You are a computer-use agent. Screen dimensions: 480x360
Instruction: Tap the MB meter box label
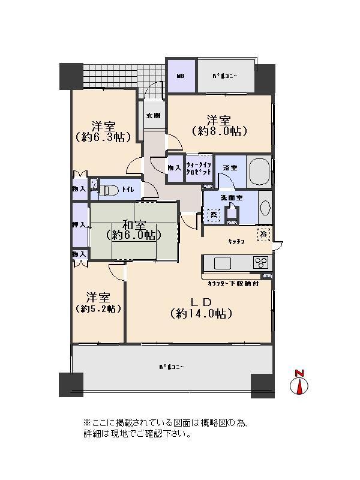180,76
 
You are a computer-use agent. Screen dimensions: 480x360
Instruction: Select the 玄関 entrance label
153,116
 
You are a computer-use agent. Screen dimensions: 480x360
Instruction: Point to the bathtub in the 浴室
259,172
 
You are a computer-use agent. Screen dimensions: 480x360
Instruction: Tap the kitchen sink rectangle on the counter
222,263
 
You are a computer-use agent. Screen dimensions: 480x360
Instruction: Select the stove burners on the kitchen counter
262,263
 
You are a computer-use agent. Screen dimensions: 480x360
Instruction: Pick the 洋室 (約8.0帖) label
219,125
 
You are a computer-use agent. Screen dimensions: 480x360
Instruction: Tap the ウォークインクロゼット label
198,168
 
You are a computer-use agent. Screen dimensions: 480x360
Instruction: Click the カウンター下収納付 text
230,283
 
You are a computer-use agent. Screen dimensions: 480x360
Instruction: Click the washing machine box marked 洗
213,214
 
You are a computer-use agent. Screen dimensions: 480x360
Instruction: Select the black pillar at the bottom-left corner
71,385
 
